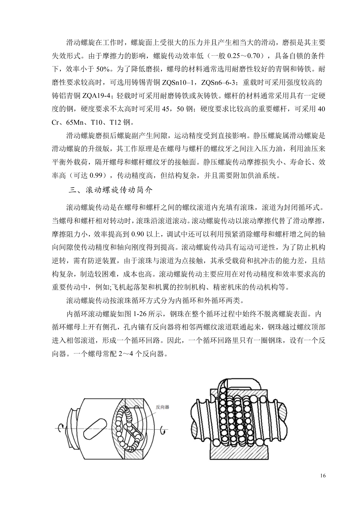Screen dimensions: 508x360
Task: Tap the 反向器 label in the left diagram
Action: pyautogui.click(x=163, y=407)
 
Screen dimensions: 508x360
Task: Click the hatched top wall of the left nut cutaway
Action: pyautogui.click(x=134, y=403)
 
